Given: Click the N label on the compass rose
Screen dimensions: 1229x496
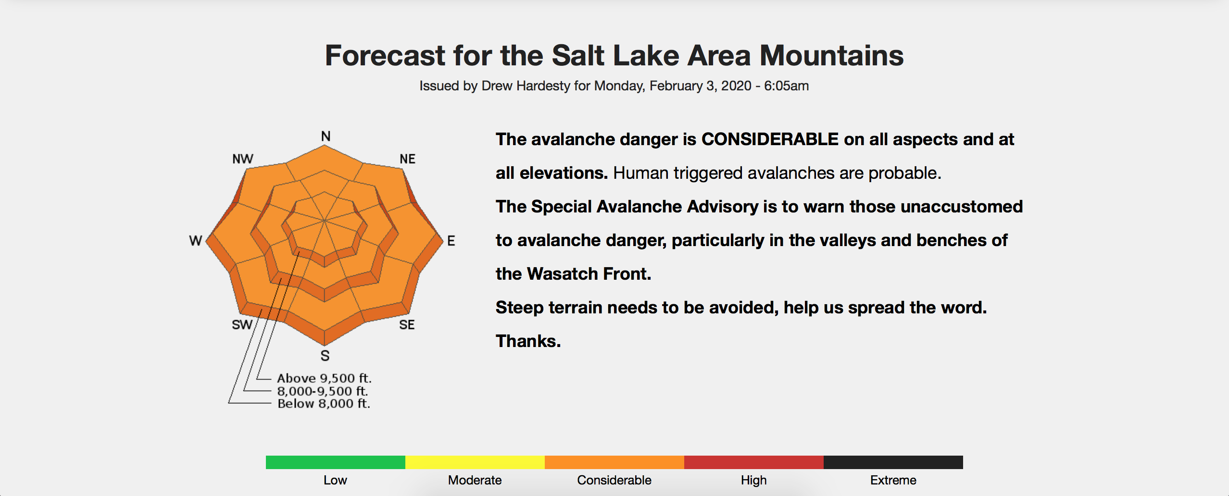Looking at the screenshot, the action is point(326,136).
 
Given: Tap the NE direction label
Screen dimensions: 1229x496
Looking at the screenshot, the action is point(407,159).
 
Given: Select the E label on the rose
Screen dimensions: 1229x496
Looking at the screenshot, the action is point(451,241).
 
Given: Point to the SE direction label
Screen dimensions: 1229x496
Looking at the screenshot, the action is point(407,325).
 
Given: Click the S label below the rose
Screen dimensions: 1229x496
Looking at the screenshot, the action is point(325,356).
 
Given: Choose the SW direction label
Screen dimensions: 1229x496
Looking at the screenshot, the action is point(242,325).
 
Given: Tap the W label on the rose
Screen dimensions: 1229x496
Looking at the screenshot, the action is point(196,241).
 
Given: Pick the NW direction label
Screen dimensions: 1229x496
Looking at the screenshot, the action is point(243,159).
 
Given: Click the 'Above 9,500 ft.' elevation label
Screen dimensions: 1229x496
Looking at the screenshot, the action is point(325,378).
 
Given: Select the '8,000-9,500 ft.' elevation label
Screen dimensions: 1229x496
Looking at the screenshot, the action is point(323,391).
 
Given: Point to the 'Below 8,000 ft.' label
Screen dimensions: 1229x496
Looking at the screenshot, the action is point(324,404).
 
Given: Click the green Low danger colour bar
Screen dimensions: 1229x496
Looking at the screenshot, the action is point(336,462).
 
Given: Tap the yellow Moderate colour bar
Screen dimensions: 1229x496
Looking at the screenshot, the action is point(475,462).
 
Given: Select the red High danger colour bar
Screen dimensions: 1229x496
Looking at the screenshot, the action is point(754,462).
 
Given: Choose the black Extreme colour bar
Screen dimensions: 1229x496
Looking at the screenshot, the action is point(893,462).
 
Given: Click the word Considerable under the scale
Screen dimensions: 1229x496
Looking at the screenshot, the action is point(614,480).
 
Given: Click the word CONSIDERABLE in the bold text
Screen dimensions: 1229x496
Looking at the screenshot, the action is point(770,139).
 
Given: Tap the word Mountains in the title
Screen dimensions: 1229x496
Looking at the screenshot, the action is point(832,56).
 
